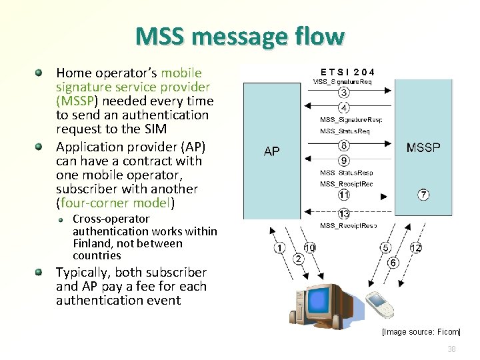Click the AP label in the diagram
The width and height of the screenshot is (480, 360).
click(x=272, y=151)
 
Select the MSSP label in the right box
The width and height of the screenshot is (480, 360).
click(x=423, y=147)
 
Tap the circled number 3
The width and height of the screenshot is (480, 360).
click(x=343, y=93)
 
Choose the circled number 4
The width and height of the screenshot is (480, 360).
click(x=343, y=107)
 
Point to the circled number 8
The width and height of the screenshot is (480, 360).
click(x=343, y=145)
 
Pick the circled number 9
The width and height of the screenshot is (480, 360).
click(x=343, y=160)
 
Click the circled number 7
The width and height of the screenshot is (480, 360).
click(x=423, y=195)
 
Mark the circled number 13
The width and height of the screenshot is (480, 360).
click(x=343, y=214)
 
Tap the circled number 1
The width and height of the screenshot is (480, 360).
click(x=279, y=248)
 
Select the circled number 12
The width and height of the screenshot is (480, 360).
click(x=416, y=248)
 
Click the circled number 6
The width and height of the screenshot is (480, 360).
click(x=393, y=263)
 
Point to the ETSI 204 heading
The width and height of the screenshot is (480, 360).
click(x=347, y=72)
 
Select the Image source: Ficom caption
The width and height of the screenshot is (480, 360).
click(x=421, y=332)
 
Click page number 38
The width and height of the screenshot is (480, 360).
click(x=451, y=349)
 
